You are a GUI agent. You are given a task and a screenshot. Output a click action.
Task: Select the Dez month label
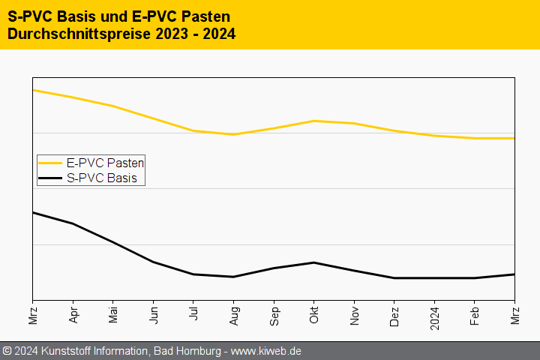(x=394, y=315)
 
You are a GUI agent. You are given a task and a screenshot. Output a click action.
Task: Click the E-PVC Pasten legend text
(x=105, y=162)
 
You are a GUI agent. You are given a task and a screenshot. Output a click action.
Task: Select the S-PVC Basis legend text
(x=101, y=178)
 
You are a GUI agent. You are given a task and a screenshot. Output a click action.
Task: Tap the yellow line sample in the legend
(x=50, y=162)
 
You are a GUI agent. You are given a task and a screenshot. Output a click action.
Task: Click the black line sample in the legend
(x=50, y=178)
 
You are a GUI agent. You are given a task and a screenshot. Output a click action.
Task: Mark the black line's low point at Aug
(x=234, y=277)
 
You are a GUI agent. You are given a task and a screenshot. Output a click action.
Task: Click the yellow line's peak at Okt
(x=314, y=121)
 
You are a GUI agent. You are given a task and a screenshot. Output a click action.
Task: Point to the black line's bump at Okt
(x=314, y=262)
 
